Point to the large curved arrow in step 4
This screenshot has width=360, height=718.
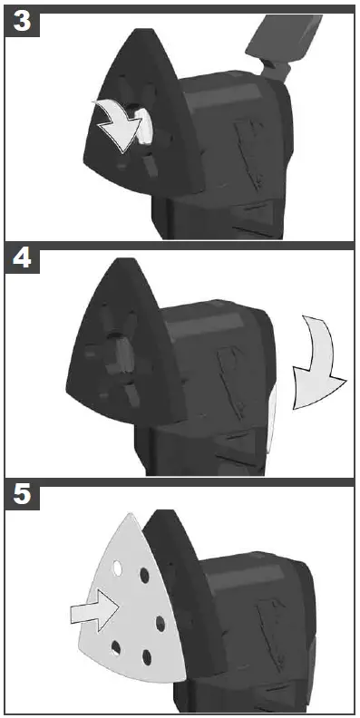point(319,363)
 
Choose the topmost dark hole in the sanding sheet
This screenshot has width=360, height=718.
point(143,575)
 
